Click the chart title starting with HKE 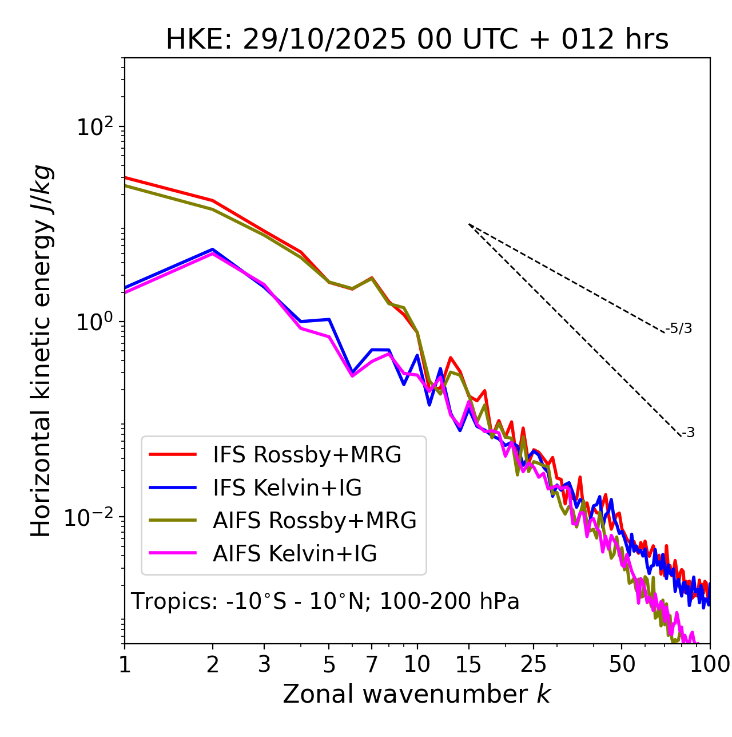pyautogui.click(x=417, y=39)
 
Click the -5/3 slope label pyautogui.click(x=679, y=328)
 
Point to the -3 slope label pyautogui.click(x=688, y=433)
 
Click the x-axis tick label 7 pyautogui.click(x=372, y=664)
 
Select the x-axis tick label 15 pyautogui.click(x=468, y=664)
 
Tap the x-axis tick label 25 pyautogui.click(x=533, y=664)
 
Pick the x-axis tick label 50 pyautogui.click(x=622, y=664)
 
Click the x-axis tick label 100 pyautogui.click(x=710, y=664)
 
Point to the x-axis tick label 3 pyautogui.click(x=264, y=664)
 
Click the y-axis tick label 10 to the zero pyautogui.click(x=94, y=322)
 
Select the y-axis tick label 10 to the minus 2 pyautogui.click(x=91, y=517)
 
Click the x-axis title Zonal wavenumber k pyautogui.click(x=417, y=694)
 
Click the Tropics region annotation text pyautogui.click(x=325, y=601)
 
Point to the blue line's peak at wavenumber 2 pyautogui.click(x=213, y=249)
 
